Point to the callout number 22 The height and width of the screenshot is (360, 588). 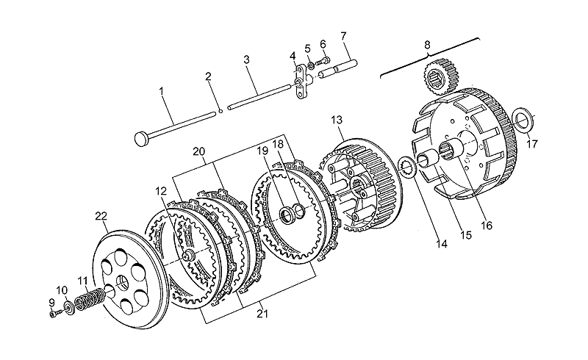point(101,216)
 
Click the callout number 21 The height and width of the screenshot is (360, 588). point(262,314)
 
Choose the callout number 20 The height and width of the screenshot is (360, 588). point(199,151)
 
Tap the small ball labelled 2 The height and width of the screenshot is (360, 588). point(220,111)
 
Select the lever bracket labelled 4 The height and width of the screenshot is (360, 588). point(300,80)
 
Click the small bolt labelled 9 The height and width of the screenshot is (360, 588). point(54,313)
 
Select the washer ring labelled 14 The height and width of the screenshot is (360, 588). point(406,166)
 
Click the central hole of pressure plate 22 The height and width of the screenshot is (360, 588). point(123,281)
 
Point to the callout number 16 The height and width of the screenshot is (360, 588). point(486,226)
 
